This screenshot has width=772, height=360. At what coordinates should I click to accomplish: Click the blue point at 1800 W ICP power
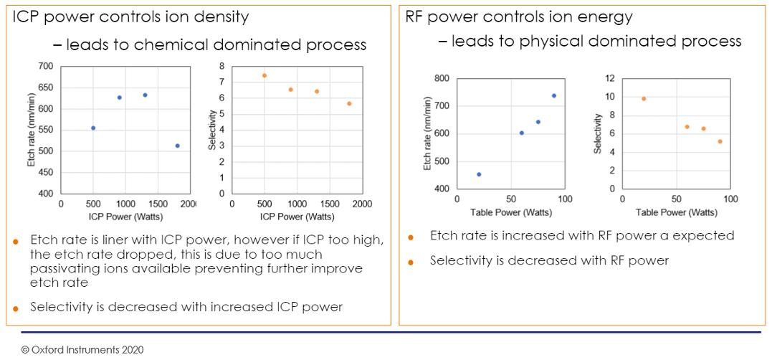(x=178, y=146)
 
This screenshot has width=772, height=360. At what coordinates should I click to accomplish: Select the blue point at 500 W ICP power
(x=93, y=128)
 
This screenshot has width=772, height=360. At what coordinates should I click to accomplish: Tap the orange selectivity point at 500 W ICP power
(x=265, y=75)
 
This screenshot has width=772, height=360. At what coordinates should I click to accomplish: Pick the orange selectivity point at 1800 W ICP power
(x=349, y=103)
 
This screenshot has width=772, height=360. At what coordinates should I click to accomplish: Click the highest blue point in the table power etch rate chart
(x=554, y=95)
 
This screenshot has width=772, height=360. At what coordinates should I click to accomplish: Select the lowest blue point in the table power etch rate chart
(x=479, y=174)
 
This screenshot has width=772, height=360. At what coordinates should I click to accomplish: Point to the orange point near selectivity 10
(x=644, y=98)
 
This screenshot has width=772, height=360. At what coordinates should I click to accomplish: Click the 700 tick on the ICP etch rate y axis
(x=46, y=66)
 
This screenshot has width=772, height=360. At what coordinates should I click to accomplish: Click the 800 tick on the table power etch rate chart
(x=443, y=78)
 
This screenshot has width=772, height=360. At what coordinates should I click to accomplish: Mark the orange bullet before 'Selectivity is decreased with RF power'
(x=411, y=262)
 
